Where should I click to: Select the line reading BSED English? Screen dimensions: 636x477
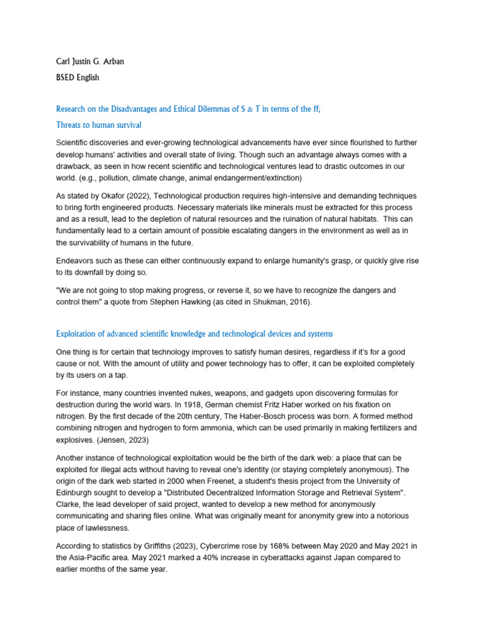coord(78,78)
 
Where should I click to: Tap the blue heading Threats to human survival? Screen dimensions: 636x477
coord(99,125)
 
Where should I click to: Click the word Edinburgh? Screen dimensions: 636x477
coord(75,492)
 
